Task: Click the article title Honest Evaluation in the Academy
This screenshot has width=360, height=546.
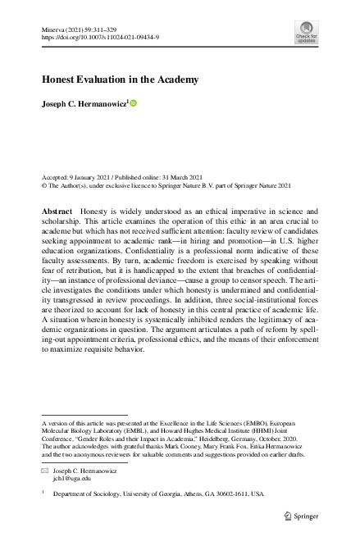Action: (x=120, y=80)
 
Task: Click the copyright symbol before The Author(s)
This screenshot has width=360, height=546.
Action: (x=43, y=185)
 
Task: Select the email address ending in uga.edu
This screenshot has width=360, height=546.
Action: (x=71, y=479)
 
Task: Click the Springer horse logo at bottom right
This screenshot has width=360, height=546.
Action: (x=287, y=515)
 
